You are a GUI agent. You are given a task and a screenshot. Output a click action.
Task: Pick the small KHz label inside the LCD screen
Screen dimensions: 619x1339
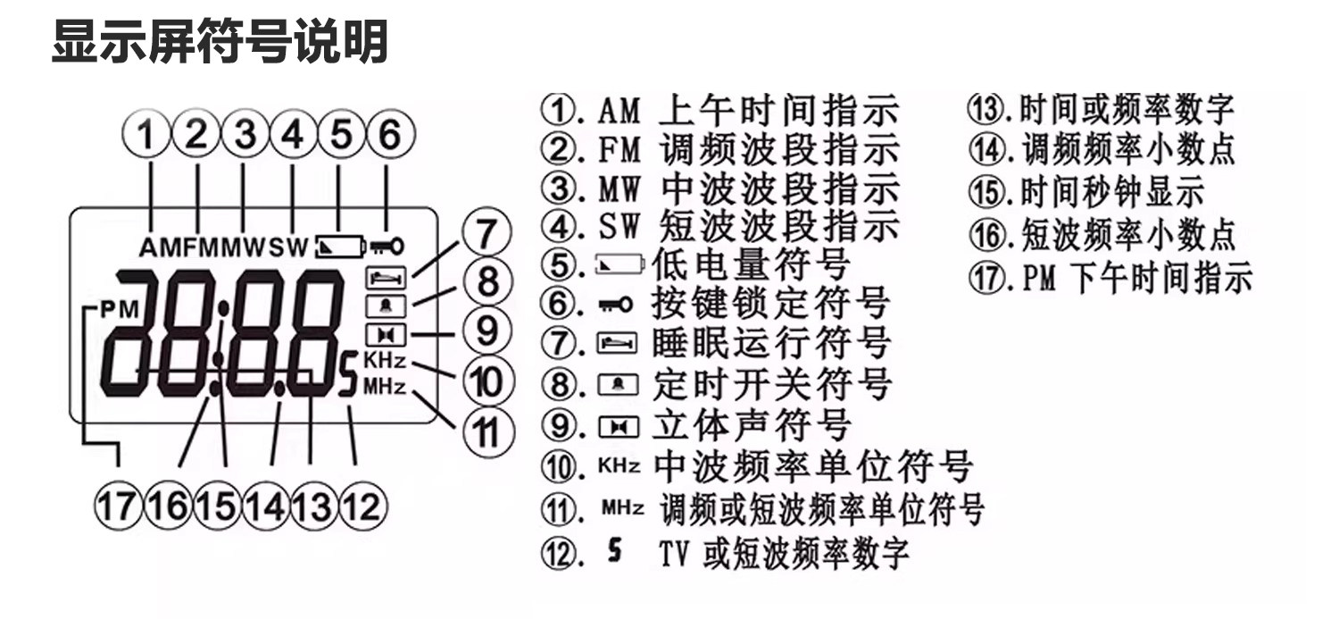385,361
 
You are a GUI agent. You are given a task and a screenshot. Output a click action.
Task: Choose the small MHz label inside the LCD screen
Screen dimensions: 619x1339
385,388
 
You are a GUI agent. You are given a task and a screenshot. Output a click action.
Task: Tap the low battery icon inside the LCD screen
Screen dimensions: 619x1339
340,245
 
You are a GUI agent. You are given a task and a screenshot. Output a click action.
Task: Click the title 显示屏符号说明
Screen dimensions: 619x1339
220,42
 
